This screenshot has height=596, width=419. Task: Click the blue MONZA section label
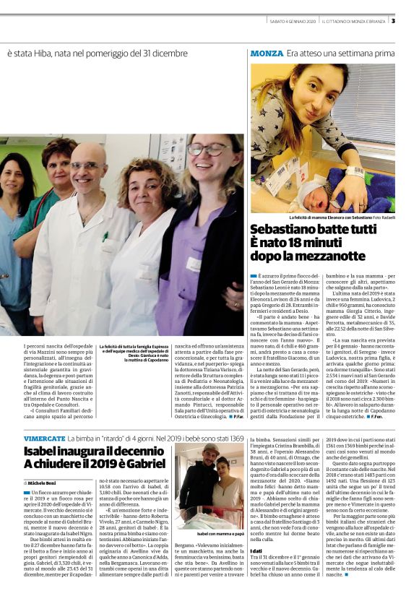(266, 53)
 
